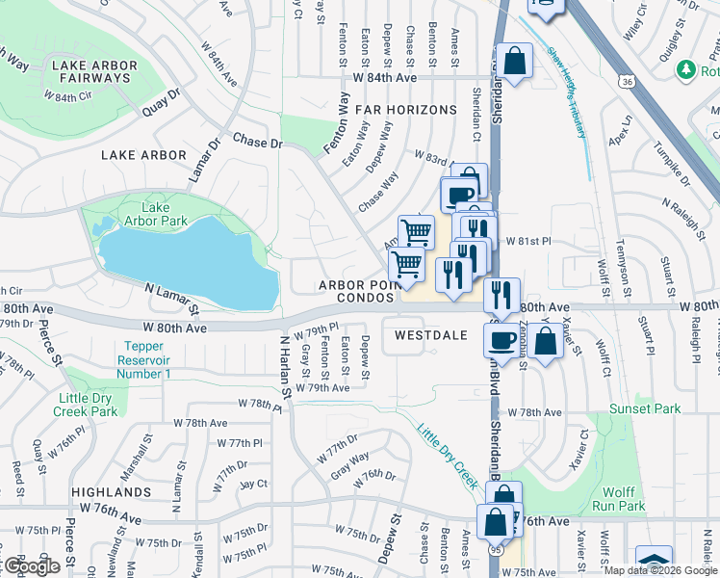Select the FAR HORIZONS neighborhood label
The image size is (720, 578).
click(405, 110)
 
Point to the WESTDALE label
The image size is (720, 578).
click(430, 335)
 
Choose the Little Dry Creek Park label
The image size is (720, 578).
click(88, 405)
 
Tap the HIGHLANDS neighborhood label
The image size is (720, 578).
click(111, 491)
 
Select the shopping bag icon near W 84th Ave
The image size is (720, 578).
click(515, 62)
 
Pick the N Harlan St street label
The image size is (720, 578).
click(284, 367)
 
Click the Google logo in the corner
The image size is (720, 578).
click(32, 566)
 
